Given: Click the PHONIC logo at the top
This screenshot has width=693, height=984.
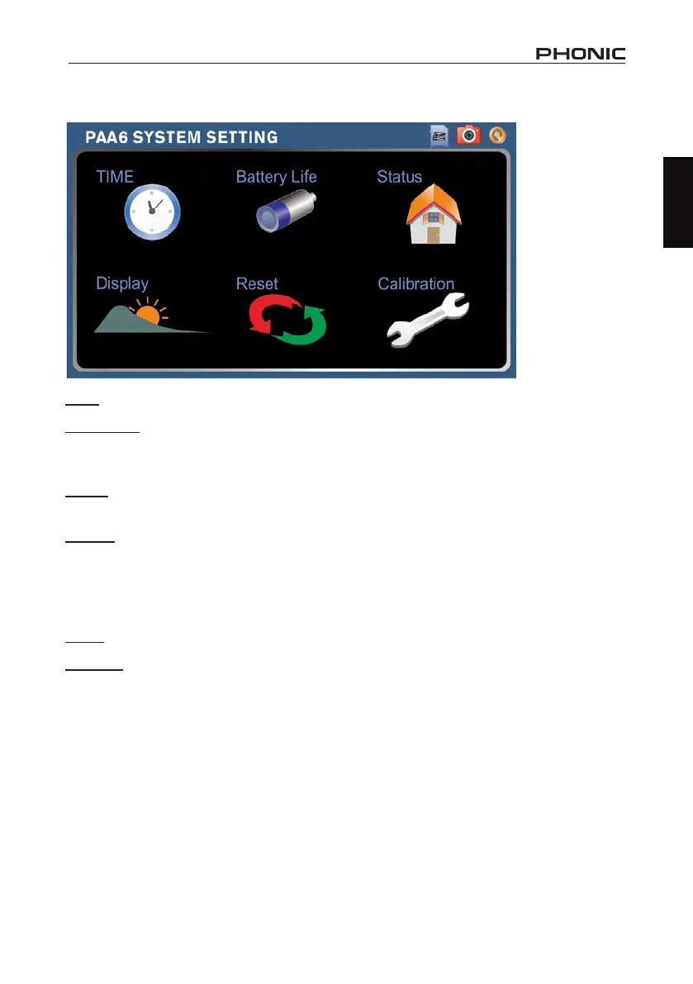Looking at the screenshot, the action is point(581,55).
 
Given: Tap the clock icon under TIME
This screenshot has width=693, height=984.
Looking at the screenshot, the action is point(152,212).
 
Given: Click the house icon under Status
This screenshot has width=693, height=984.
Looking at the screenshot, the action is point(433,213).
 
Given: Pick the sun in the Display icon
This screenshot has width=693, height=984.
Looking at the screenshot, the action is point(147,315).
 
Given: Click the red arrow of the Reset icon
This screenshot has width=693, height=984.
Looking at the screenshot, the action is point(269,314).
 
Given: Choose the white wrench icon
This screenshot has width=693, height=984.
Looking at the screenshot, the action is point(427,321).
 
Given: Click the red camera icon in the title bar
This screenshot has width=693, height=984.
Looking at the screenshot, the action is point(468,135).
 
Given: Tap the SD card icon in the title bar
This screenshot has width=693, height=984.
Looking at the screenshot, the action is point(439,136).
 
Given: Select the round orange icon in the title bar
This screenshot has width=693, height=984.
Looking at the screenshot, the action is point(496,135).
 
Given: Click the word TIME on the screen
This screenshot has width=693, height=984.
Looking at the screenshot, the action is point(115,176).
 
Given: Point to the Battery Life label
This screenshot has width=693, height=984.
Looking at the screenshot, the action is point(276,177).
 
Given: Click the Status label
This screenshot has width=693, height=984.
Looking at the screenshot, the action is point(400,177).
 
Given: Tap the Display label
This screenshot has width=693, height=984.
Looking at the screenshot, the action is point(122,283).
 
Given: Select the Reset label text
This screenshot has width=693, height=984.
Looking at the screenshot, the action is point(257,283).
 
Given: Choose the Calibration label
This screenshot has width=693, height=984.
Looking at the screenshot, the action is point(416,283).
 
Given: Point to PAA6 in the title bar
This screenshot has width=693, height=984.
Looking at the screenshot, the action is point(107,136).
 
